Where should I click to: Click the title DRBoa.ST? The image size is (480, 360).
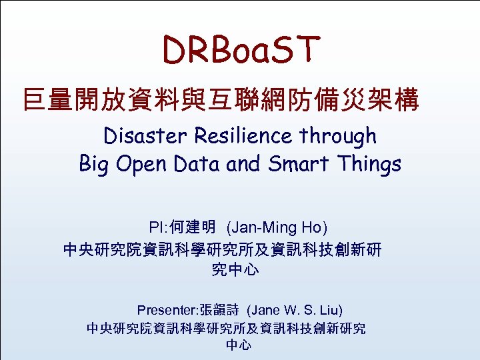tap(242, 50)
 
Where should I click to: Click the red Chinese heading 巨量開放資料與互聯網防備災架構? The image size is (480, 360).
tap(221, 101)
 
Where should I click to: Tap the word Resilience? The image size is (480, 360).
tap(244, 136)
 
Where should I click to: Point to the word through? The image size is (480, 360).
tap(338, 136)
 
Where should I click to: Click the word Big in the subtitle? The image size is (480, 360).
tap(95, 164)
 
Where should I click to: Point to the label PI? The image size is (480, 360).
tap(159, 228)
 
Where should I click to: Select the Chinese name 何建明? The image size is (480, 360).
tap(192, 228)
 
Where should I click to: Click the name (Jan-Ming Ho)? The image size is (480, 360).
tap(277, 228)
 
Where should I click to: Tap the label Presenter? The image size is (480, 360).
tap(166, 310)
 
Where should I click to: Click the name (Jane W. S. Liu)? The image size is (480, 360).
tap(294, 310)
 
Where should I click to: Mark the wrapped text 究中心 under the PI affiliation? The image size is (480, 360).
tap(235, 270)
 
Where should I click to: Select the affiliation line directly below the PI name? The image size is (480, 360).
tap(222, 250)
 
